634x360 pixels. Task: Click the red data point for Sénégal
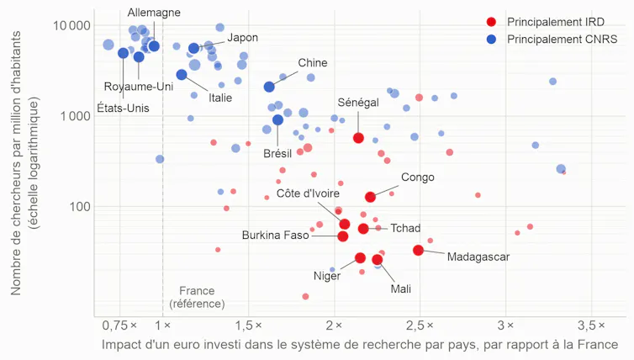tap(358, 138)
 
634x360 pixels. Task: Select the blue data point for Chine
tap(269, 87)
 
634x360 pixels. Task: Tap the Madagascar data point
tap(419, 251)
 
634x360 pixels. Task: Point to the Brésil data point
tap(277, 119)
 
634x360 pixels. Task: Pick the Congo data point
tap(370, 197)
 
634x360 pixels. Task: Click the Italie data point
tap(182, 74)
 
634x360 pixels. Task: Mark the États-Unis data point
tap(124, 53)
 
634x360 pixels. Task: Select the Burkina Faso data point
tap(343, 236)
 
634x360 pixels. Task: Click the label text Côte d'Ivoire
tap(308, 193)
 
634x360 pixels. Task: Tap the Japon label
tap(243, 38)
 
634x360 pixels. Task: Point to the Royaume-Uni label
tap(139, 87)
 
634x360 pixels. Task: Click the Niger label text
tap(327, 276)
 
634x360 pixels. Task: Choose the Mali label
tap(401, 289)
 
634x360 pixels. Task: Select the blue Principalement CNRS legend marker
tap(491, 40)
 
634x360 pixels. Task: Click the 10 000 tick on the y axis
tap(72, 25)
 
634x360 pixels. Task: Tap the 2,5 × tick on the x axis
tap(420, 326)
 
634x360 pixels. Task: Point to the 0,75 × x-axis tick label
tap(119, 326)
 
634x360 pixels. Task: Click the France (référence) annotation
tap(197, 297)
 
